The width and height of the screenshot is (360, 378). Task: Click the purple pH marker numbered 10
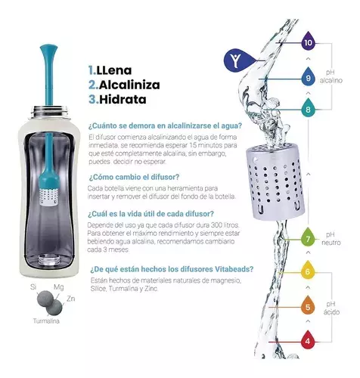[x=308, y=43]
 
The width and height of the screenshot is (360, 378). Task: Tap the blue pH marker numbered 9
[x=308, y=76]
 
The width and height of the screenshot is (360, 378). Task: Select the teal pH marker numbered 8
[x=308, y=110]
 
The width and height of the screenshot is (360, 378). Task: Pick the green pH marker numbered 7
[x=308, y=240]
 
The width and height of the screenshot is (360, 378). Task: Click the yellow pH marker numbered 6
[x=308, y=272]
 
